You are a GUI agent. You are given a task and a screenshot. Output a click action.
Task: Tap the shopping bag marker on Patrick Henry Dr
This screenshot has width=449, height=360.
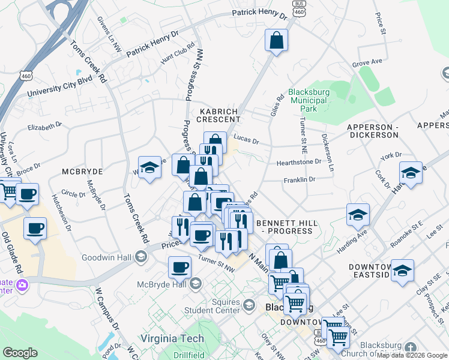click(x=277, y=41)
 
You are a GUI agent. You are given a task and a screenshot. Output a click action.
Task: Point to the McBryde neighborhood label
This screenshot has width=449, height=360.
click(x=82, y=171)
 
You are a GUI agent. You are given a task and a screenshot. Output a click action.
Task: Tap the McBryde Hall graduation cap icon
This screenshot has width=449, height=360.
click(x=196, y=286)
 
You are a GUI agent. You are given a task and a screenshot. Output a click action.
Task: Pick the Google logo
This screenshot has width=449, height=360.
click(x=20, y=353)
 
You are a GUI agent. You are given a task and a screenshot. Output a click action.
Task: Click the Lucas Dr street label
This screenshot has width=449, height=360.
click(x=246, y=142)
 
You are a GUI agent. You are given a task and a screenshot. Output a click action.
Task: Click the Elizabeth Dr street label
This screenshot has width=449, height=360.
click(x=44, y=127)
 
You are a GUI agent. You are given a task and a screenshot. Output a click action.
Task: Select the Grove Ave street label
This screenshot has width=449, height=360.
click(x=367, y=62)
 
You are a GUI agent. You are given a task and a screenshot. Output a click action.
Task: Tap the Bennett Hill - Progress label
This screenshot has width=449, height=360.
click(x=287, y=227)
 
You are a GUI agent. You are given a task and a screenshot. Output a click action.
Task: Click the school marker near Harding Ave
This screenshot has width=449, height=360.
click(x=358, y=215)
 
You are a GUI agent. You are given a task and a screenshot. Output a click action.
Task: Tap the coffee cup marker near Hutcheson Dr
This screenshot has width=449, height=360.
click(x=35, y=228)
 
